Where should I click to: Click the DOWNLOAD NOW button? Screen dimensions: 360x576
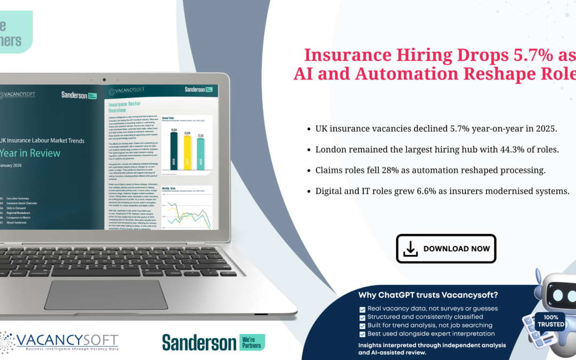(x=446, y=249)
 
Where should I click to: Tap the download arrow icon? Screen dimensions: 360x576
(x=410, y=249)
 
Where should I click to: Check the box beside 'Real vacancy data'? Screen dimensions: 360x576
(x=363, y=309)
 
